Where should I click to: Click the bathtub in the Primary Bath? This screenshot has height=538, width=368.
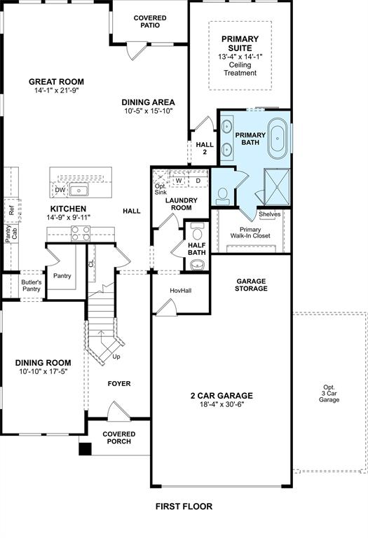278,139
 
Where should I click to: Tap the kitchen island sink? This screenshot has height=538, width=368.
79,189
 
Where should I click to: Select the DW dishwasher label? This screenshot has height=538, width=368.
60,190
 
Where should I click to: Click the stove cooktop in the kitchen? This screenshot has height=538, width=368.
81,234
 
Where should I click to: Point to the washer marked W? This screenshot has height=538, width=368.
179,181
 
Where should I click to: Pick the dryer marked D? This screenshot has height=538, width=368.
198,181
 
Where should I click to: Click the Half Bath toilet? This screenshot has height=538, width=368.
197,233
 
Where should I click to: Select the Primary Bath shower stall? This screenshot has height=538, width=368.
277,187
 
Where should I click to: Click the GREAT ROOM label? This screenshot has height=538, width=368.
56,82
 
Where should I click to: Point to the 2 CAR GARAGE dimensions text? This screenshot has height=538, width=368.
222,404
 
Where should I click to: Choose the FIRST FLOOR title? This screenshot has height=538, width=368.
184,506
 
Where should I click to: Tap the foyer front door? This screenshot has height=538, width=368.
118,411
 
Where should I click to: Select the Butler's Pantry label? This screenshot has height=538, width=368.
32,286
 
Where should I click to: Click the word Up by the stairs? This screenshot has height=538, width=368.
116,357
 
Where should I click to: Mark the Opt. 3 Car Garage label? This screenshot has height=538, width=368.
329,394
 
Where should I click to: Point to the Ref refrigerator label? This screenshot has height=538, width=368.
12,210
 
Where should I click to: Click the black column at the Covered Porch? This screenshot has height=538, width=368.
85,449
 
